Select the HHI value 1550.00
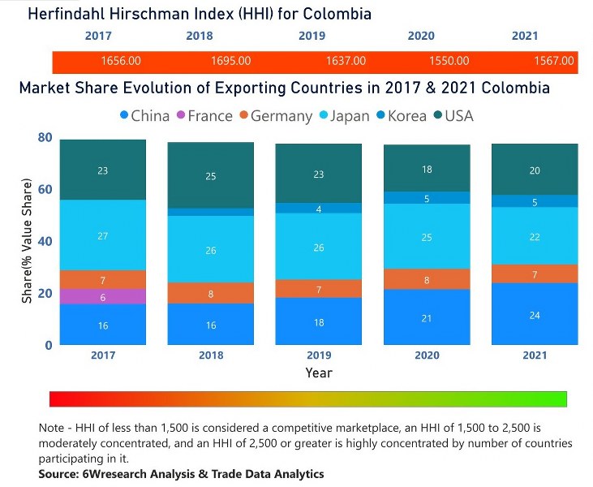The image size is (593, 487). (449, 61)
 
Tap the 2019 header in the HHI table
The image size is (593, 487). (312, 36)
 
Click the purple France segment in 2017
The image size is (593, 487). (103, 297)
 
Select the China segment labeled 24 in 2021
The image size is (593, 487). (535, 314)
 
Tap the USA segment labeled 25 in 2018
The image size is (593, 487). (211, 176)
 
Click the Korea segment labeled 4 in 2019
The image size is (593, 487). (319, 209)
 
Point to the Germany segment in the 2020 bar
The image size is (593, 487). (427, 279)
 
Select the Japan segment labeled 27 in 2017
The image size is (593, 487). (103, 235)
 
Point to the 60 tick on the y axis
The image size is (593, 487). (45, 189)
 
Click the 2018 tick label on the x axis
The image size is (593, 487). (211, 356)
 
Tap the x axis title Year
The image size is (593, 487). (319, 373)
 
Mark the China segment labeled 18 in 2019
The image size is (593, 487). (319, 321)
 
